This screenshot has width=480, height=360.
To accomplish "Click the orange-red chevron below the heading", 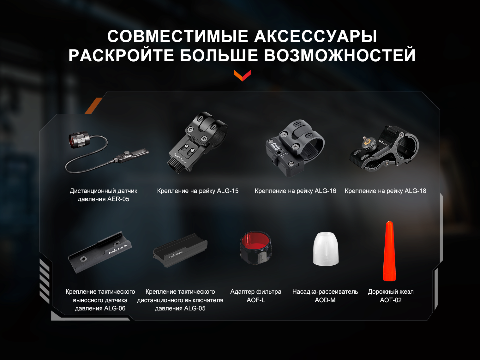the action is [242, 75].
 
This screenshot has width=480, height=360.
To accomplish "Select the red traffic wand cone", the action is [389, 251].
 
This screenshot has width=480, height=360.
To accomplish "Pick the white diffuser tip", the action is [326, 249].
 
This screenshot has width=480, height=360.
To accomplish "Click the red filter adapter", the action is [256, 247].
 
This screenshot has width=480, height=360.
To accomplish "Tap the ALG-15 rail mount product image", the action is [198, 142].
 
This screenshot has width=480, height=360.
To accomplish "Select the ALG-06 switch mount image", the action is [100, 252].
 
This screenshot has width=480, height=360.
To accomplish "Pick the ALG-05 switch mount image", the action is [180, 250].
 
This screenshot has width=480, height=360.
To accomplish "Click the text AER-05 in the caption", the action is [118, 199].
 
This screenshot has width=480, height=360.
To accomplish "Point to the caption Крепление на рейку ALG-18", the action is [385, 191].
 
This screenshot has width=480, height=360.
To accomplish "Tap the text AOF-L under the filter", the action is [256, 300].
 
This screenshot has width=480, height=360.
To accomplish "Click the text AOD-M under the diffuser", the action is [325, 300].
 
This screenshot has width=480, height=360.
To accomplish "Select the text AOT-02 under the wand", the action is [391, 300].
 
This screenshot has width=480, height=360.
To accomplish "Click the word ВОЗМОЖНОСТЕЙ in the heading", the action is [339, 55].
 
